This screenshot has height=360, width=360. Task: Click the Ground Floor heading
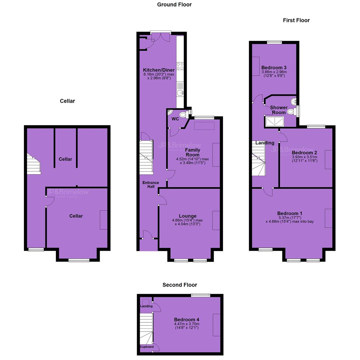point(174,5)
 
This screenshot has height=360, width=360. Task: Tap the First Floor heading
point(296,20)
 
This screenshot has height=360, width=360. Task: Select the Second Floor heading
point(180,285)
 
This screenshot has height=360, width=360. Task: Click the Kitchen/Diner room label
point(159,70)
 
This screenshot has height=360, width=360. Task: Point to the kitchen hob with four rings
point(180,66)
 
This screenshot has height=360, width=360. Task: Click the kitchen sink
point(180,93)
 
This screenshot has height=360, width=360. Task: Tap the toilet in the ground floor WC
point(184,114)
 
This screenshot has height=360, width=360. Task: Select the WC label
point(175,119)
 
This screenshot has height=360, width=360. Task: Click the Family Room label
point(193,152)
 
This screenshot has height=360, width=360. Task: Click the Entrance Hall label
point(151,185)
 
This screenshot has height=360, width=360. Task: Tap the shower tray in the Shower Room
point(275,121)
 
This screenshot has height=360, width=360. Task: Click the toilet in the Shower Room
point(291,112)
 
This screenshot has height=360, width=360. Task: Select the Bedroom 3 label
point(274,68)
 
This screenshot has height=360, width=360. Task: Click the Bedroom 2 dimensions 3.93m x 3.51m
point(304,157)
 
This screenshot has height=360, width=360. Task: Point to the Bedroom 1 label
point(290,214)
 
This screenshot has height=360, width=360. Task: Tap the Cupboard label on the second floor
point(147,347)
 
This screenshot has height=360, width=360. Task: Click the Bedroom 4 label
point(187,320)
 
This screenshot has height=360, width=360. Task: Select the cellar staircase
point(34,164)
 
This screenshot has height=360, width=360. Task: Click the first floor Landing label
point(265,143)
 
